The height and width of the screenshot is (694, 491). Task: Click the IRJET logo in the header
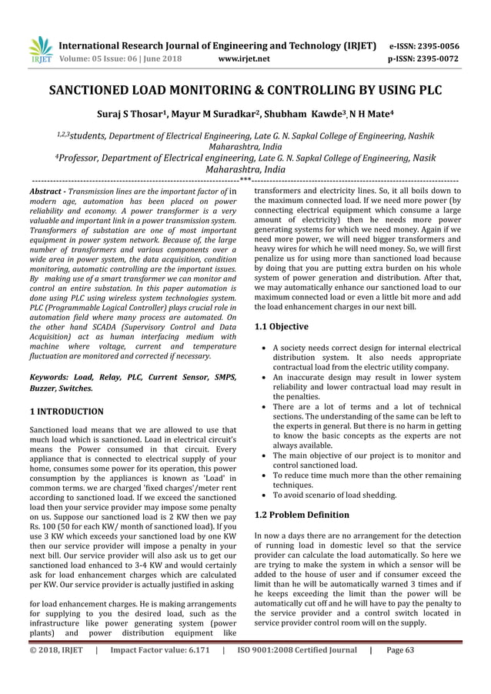point(39,50)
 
